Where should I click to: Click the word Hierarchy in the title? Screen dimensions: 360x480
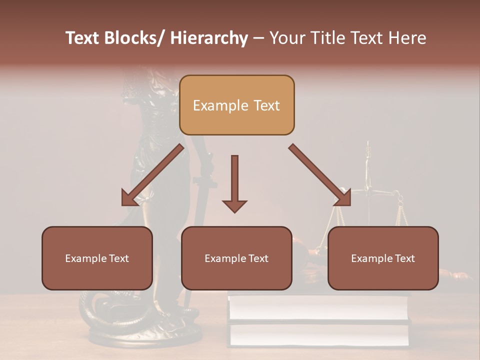[x=209, y=38]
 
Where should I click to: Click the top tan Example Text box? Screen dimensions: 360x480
[x=236, y=105]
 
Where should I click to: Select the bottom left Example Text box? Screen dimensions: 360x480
[x=97, y=258]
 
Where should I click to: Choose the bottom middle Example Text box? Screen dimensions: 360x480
[x=236, y=258]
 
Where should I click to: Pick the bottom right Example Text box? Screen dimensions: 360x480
[x=383, y=258]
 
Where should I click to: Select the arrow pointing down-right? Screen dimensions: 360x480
[x=320, y=175]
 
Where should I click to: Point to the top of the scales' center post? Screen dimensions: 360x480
[x=368, y=145]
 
